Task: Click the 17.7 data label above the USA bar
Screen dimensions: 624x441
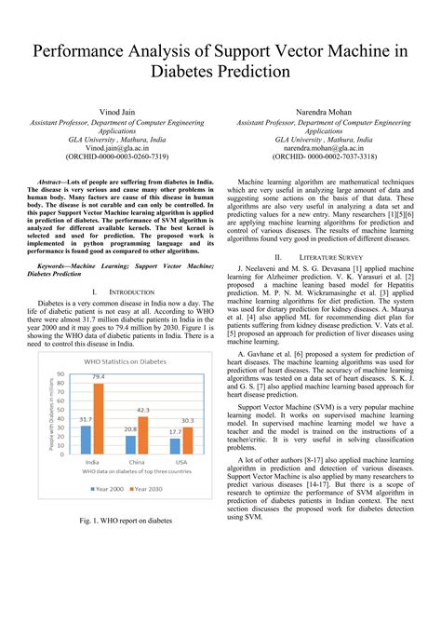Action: pos(174,431)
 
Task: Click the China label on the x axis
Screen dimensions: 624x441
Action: pos(136,462)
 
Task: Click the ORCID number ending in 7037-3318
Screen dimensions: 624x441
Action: pos(325,157)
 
